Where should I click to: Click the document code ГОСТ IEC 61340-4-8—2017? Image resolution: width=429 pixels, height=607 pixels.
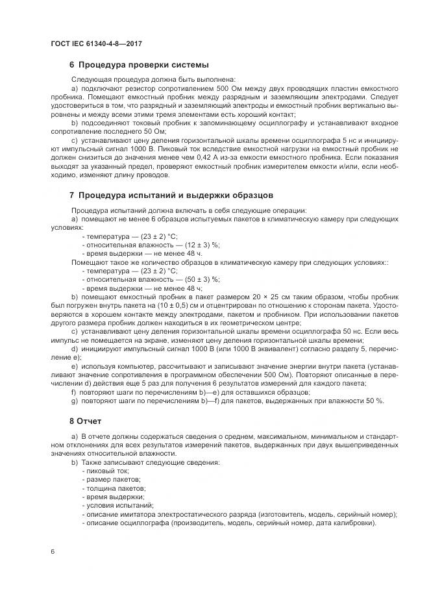tap(95, 43)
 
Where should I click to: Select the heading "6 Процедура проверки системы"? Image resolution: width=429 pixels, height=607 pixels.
tap(138, 65)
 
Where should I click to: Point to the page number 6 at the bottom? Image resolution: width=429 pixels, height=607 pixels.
tap(53, 552)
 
